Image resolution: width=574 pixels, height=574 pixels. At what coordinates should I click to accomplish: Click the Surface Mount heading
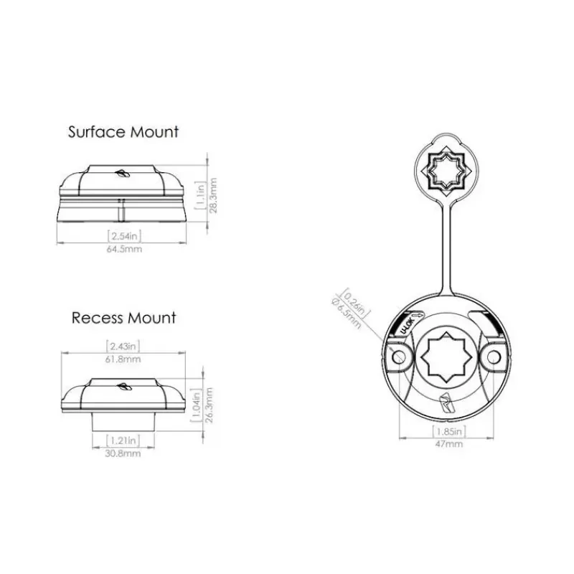(x=123, y=132)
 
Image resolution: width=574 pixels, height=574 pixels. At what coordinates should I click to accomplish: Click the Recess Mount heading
(x=123, y=318)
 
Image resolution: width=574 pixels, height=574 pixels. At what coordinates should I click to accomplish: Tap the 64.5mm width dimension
(x=124, y=249)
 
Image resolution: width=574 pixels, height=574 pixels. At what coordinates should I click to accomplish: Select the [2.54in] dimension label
(x=124, y=236)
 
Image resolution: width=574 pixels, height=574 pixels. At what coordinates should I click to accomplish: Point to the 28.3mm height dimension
(x=213, y=195)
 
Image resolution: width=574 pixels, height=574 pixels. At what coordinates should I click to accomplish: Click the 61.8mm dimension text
(x=123, y=359)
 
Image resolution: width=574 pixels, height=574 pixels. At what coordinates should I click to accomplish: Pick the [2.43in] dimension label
(x=123, y=346)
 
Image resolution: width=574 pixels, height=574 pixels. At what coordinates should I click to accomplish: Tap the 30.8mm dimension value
(x=123, y=453)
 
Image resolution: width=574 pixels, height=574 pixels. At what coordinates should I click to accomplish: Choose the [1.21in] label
(x=123, y=440)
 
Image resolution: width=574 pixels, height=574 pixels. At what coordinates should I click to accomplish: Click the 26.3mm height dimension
(x=209, y=405)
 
